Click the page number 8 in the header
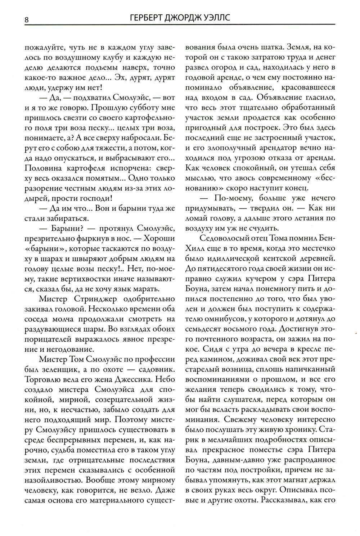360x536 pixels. click(27, 19)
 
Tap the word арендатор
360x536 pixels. click(279, 148)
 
